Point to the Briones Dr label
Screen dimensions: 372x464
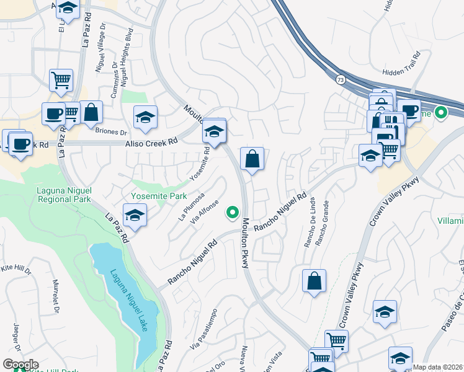coord(111,131)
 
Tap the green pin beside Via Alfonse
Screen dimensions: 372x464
coord(233,213)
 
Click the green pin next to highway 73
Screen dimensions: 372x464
coord(441,113)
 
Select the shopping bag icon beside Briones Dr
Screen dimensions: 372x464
coord(91,113)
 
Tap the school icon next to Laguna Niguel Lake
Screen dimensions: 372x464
coord(133,216)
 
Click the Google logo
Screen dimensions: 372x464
coord(20,365)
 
